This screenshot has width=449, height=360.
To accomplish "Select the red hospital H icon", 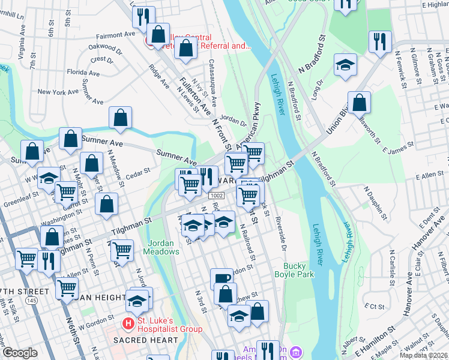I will [x=128, y=325].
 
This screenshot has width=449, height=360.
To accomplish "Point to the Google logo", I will [x=20, y=353].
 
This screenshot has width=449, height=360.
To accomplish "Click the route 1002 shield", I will [x=217, y=196].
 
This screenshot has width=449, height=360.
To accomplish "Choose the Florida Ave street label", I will [x=83, y=72].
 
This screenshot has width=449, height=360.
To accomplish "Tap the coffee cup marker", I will [x=221, y=279].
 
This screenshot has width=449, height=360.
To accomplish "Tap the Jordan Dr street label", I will [x=234, y=119].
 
